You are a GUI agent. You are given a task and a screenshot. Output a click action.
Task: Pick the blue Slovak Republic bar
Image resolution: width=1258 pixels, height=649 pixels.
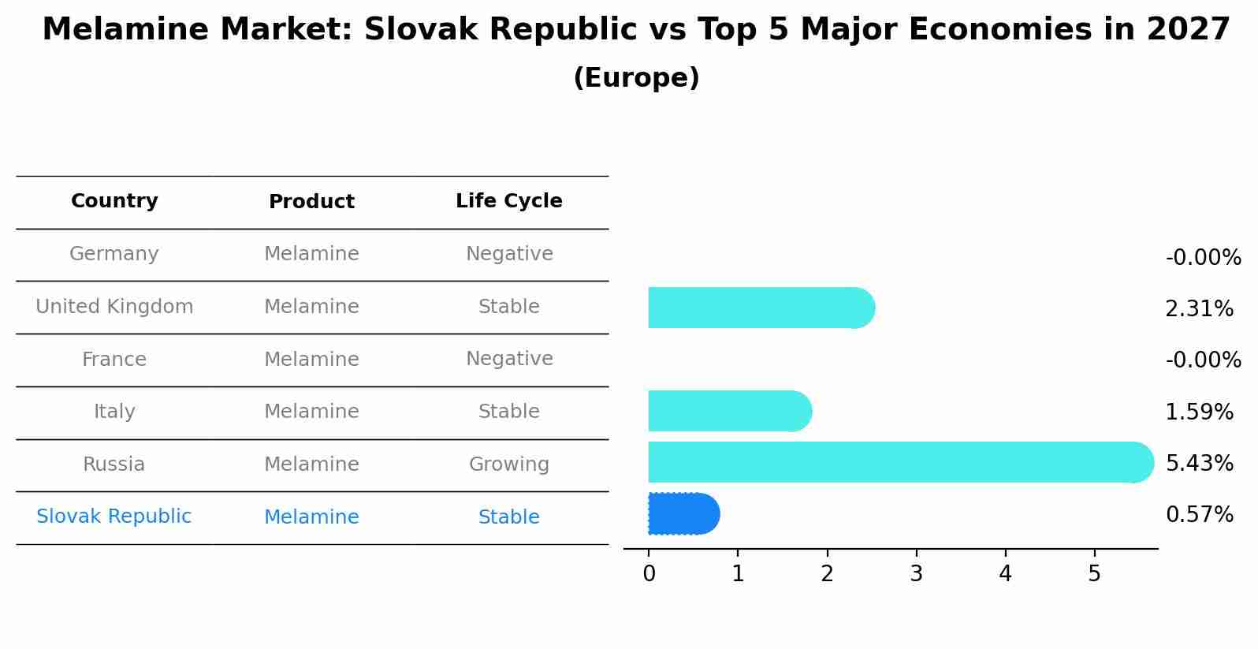click(683, 514)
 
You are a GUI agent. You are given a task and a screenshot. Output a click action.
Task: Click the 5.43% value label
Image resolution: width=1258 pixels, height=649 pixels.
click(1199, 463)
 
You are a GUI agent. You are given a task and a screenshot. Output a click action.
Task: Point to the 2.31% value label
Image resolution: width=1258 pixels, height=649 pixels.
click(1199, 308)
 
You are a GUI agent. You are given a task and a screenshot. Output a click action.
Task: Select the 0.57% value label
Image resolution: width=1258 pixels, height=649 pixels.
click(1199, 515)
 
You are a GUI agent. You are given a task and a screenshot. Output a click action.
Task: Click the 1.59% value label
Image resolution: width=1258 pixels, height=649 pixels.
click(1199, 412)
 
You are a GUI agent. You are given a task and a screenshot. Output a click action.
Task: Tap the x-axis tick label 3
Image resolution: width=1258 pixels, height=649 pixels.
click(916, 574)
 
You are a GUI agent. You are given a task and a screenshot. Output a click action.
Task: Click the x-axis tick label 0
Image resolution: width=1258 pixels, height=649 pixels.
click(649, 574)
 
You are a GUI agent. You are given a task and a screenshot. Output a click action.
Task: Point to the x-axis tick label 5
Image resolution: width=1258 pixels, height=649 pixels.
click(1094, 574)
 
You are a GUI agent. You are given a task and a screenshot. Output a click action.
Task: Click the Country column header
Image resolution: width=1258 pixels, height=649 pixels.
click(114, 201)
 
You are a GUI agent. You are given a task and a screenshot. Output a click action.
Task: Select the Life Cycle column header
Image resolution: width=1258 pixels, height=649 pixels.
click(509, 201)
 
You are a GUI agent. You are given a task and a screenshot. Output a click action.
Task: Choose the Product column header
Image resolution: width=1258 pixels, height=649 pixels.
click(311, 202)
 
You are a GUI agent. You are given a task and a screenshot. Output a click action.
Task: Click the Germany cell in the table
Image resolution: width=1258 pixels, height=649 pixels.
click(114, 254)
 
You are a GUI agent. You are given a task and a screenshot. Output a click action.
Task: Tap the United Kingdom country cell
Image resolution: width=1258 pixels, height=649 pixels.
click(114, 307)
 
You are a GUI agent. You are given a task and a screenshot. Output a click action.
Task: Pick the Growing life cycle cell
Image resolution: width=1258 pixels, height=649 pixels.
click(509, 464)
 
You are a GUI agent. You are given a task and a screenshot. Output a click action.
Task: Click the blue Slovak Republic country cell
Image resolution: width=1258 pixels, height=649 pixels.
click(114, 517)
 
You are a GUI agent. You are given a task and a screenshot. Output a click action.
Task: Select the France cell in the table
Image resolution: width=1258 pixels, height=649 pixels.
click(114, 360)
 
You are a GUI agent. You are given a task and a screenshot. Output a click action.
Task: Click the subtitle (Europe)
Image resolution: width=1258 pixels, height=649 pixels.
click(636, 78)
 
